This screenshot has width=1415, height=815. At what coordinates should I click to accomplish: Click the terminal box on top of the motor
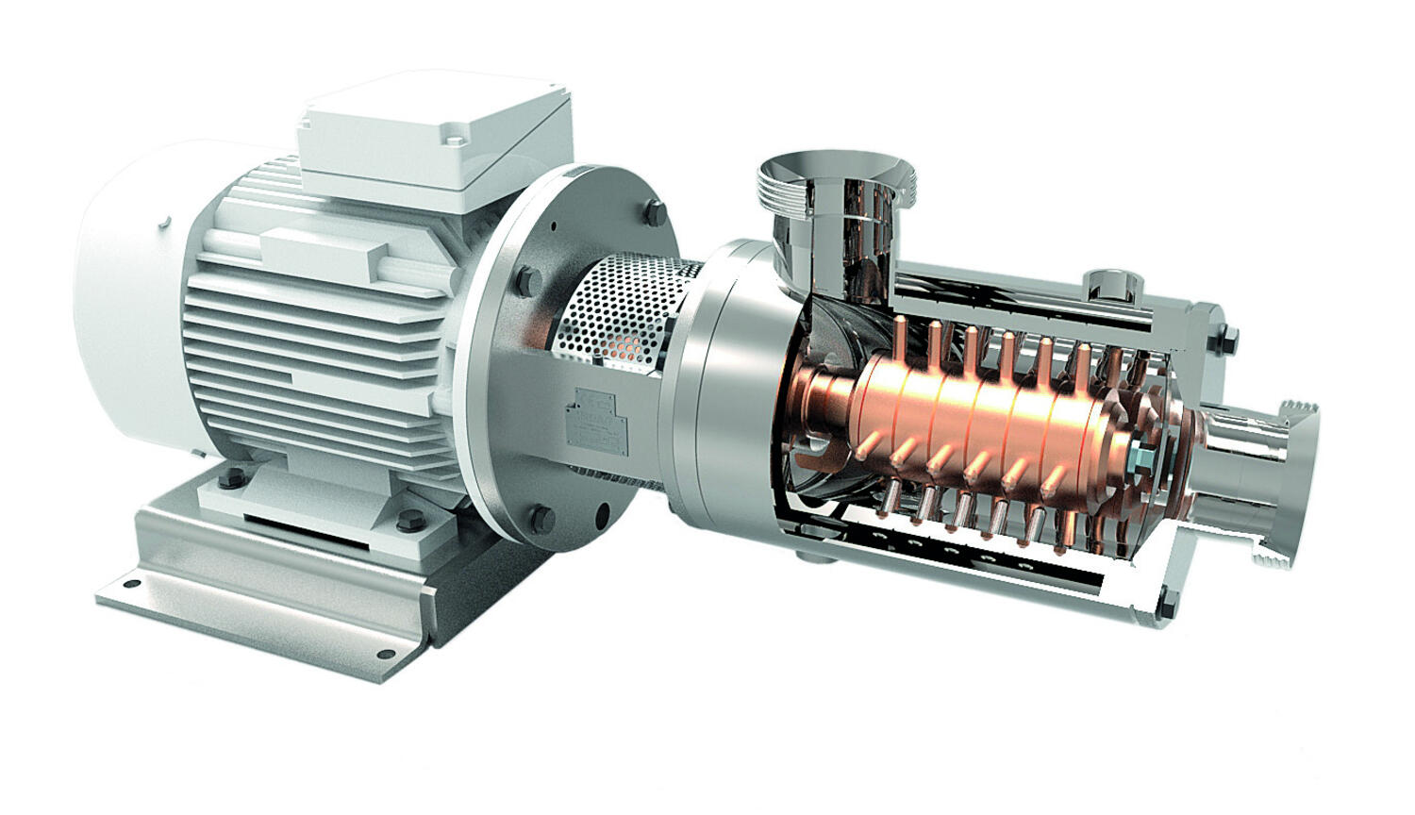click(x=434, y=141)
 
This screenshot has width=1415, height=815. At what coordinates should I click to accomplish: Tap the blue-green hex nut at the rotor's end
click(x=1140, y=458)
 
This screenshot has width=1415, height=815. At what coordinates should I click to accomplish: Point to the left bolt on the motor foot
click(x=229, y=480)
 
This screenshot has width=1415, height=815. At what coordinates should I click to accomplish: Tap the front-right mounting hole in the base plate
click(x=384, y=654)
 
